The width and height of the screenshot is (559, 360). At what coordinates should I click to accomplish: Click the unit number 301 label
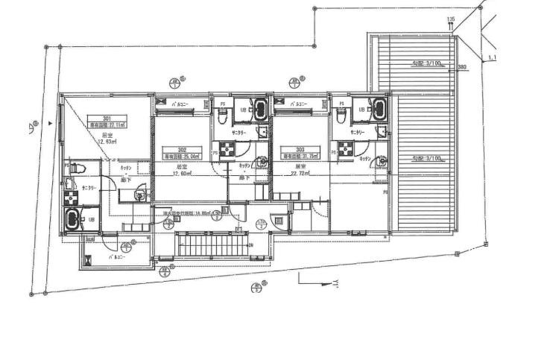pos(107,119)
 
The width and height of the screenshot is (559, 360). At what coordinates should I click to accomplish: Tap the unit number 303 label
pos(300,149)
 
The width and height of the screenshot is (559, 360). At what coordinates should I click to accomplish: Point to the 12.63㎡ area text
pos(107,141)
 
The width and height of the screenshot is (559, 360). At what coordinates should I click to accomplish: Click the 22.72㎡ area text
pos(300,173)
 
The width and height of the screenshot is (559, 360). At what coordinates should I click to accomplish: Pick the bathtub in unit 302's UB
pos(259,109)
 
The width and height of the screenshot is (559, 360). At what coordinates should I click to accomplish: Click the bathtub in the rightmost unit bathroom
pos(377,109)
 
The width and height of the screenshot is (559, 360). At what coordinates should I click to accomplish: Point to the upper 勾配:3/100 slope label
pos(426,64)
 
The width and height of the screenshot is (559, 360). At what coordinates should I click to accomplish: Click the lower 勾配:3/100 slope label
pos(426,159)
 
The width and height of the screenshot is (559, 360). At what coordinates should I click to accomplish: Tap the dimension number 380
pos(462,68)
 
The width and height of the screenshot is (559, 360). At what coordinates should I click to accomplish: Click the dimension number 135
pos(450,19)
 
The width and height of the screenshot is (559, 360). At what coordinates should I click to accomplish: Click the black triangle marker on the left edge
pos(51,123)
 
